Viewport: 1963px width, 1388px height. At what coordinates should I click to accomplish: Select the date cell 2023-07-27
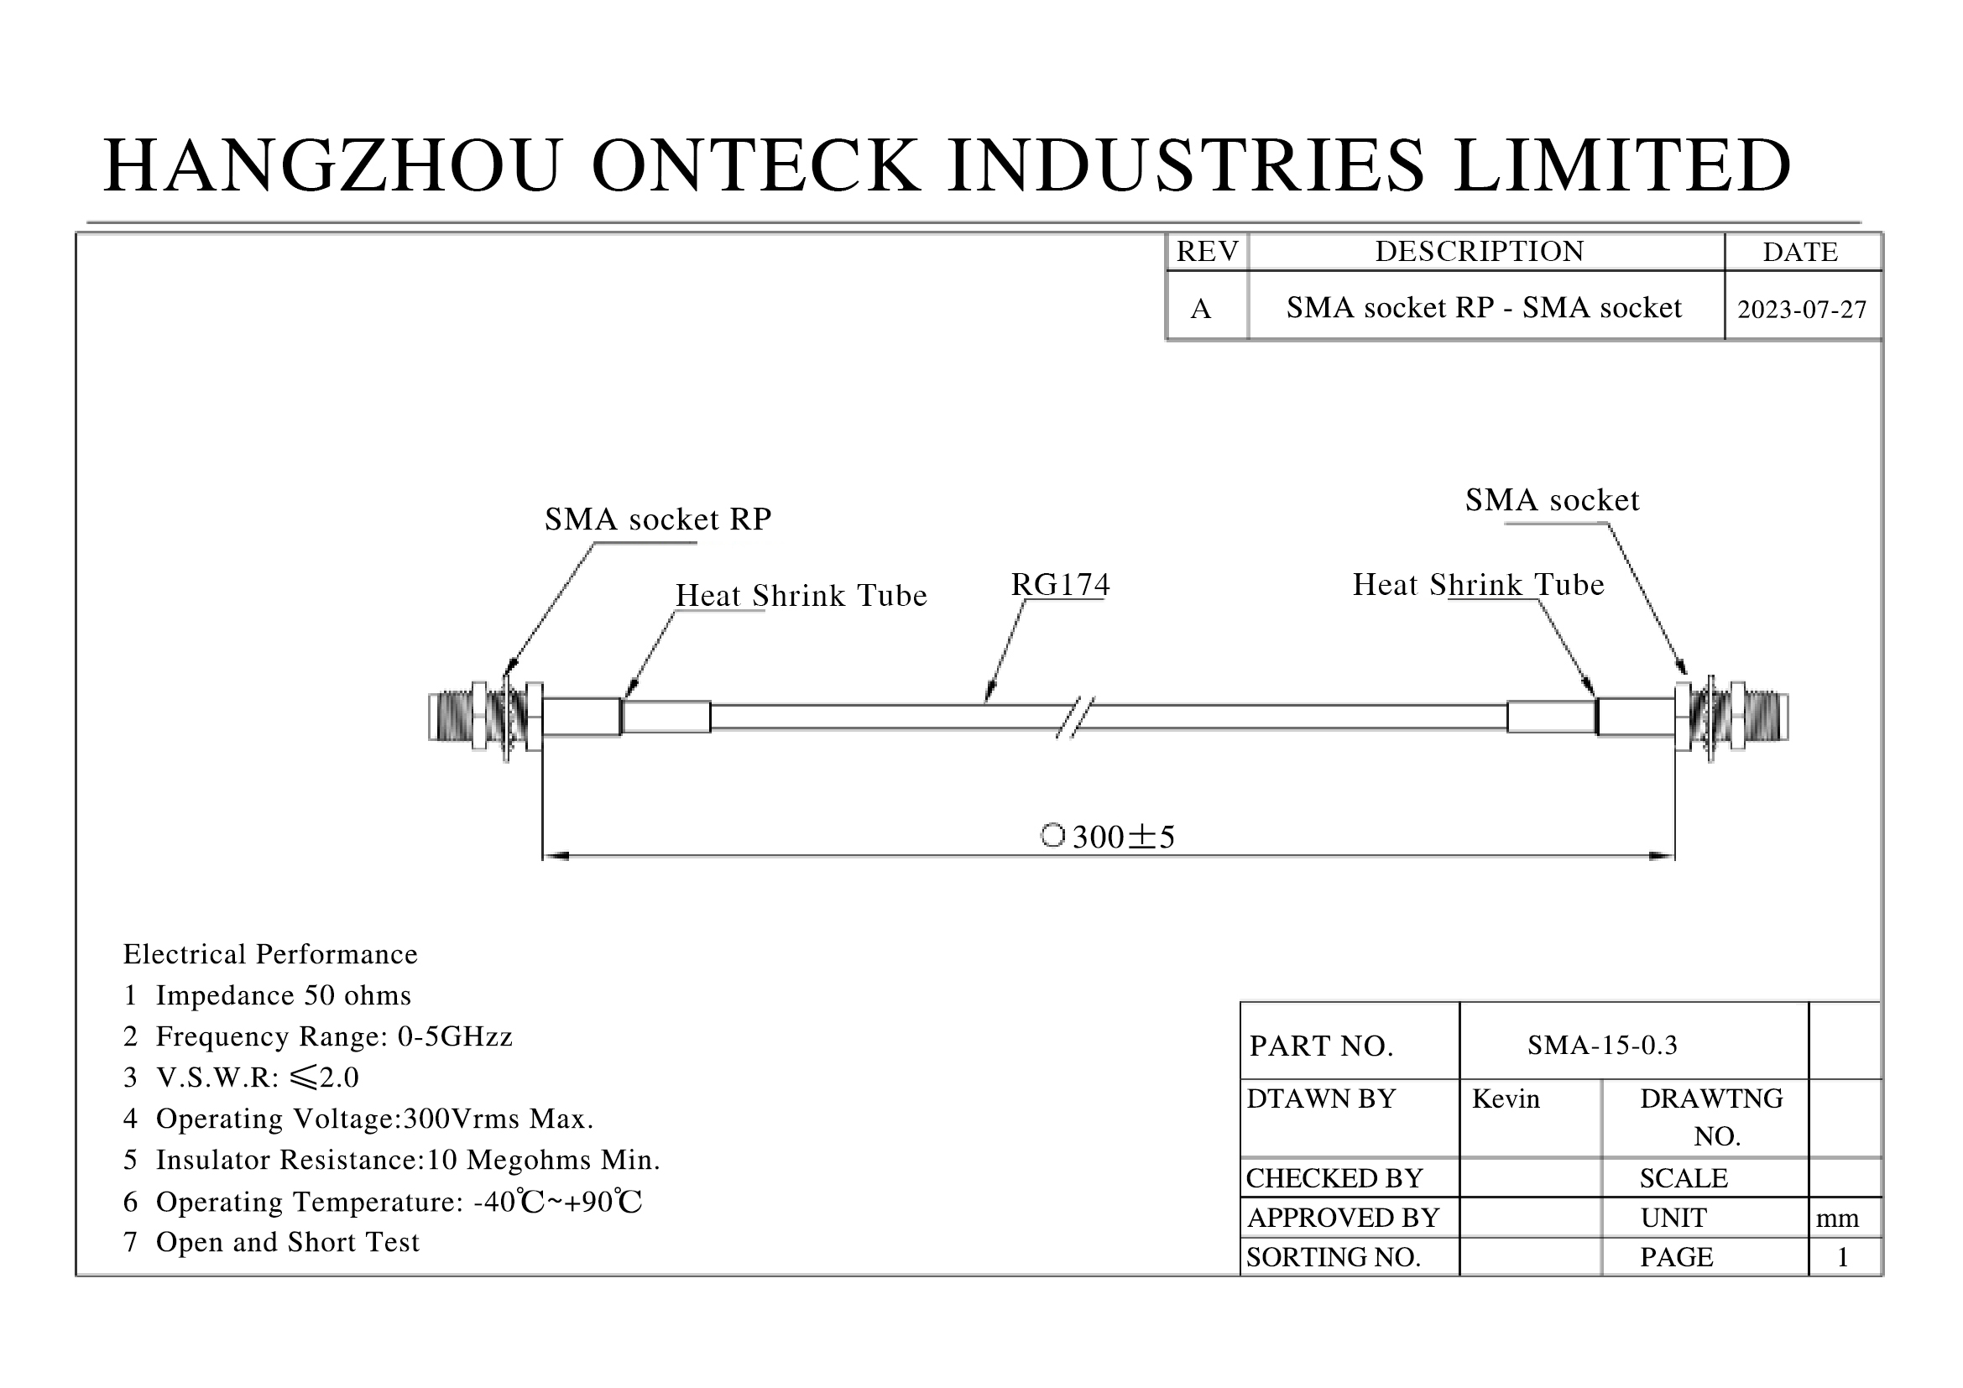point(1801,310)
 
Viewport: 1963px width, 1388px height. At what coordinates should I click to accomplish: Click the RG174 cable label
point(1060,585)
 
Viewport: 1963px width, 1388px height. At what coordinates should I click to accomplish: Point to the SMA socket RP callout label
point(657,519)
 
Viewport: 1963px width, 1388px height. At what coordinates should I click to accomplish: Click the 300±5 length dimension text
point(1123,837)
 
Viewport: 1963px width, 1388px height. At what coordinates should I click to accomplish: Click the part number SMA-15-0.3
point(1602,1046)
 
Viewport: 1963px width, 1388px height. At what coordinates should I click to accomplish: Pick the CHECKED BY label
point(1334,1178)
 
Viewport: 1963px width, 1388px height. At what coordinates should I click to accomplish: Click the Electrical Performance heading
point(270,955)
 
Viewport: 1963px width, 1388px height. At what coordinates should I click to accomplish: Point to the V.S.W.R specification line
point(241,1078)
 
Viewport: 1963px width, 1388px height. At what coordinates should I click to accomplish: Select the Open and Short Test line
point(272,1242)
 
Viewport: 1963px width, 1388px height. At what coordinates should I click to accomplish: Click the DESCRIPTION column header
point(1479,252)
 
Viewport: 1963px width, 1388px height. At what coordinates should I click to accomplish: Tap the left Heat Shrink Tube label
point(801,596)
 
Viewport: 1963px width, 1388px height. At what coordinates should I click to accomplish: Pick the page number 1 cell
point(1842,1257)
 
